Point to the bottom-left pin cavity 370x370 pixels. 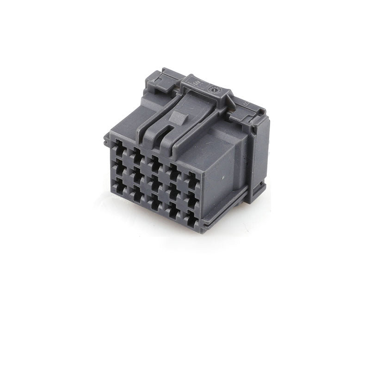(121, 185)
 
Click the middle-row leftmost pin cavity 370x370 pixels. (121, 167)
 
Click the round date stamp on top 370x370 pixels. (213, 90)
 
